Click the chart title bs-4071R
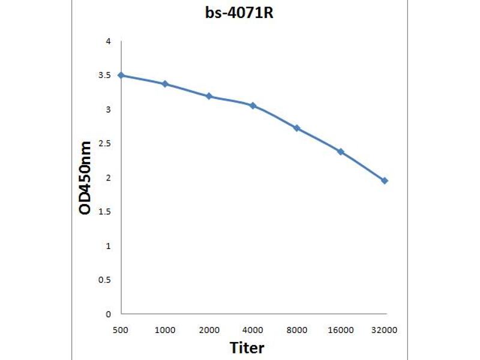[x=239, y=13]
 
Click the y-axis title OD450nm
[x=86, y=178]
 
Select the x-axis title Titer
[x=247, y=347]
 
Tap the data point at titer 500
[x=121, y=75]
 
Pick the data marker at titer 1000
[x=165, y=84]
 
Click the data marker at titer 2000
[x=209, y=96]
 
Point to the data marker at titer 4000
[x=253, y=106]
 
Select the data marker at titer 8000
[x=296, y=128]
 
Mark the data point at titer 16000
[x=341, y=152]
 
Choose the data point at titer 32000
[x=385, y=181]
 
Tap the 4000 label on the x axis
[x=253, y=330]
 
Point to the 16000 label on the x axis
[x=341, y=330]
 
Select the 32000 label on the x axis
[x=385, y=330]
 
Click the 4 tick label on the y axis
[x=108, y=41]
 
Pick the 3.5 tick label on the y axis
[x=105, y=76]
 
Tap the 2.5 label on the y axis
[x=105, y=143]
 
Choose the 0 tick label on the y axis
[x=108, y=314]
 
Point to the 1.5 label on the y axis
[x=105, y=212]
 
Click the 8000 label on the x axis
[x=296, y=330]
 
